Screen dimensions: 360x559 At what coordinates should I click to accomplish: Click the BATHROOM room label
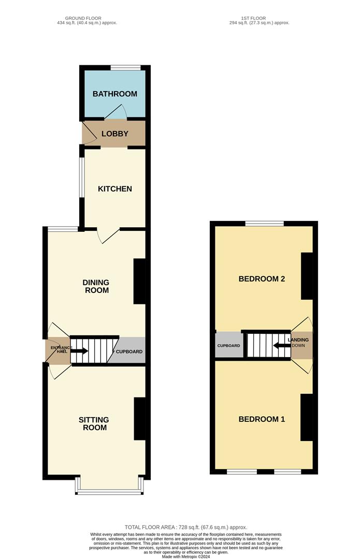tap(115, 94)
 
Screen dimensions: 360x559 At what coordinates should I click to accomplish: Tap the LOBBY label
tap(115, 134)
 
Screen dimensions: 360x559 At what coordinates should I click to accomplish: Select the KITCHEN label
tap(115, 188)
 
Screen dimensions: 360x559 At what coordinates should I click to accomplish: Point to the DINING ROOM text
tap(96, 286)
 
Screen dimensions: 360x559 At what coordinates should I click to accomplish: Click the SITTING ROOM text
tap(94, 423)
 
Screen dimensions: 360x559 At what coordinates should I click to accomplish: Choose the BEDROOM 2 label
tap(262, 279)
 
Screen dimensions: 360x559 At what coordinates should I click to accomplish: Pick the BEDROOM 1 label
tap(262, 419)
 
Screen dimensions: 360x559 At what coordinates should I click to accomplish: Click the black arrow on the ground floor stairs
tap(79, 351)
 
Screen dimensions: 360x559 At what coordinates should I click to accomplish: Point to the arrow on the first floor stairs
tap(281, 345)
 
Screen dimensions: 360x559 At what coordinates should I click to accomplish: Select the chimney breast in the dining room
tap(139, 281)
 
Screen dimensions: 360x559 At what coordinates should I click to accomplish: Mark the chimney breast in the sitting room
tap(140, 419)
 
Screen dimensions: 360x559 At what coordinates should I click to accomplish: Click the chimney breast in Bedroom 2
tap(307, 276)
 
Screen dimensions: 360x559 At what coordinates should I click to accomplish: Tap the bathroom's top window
tap(125, 68)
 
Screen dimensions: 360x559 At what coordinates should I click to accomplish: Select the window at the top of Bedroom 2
tap(264, 224)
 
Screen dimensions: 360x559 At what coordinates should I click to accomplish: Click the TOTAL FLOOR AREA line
tap(186, 527)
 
